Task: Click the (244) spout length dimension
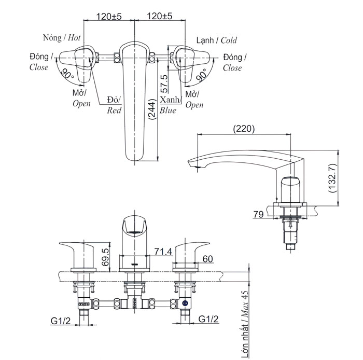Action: tap(151, 109)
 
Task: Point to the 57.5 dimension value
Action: tap(164, 84)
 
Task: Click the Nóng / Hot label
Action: tap(62, 37)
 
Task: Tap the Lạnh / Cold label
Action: tap(216, 40)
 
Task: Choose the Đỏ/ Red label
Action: tap(113, 104)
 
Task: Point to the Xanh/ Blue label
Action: tap(170, 104)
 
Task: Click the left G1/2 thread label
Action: tap(61, 321)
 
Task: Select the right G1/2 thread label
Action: tap(208, 321)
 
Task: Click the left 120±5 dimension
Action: tap(109, 17)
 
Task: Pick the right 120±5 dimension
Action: tap(160, 17)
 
